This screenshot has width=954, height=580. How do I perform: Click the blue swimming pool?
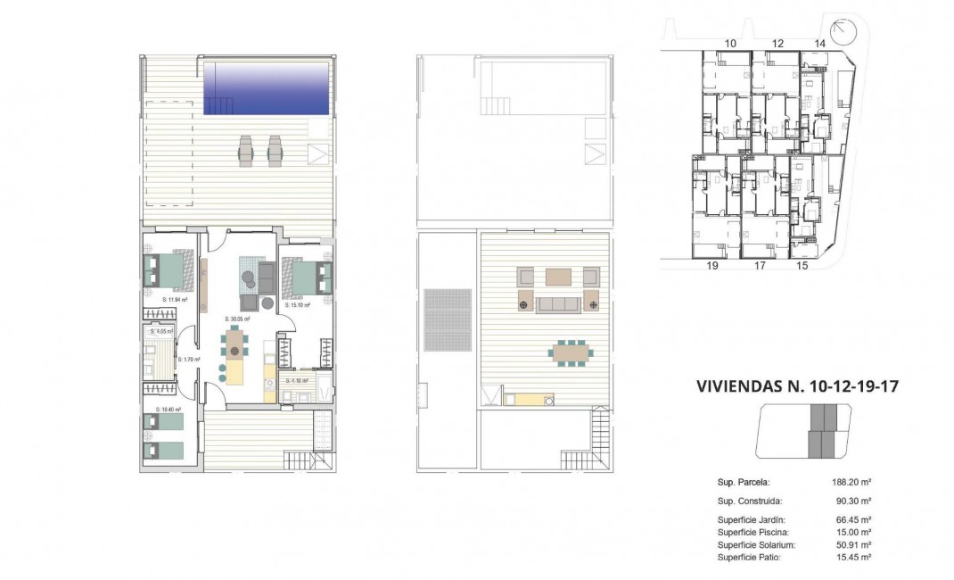[267, 87]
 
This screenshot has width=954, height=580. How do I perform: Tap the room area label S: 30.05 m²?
[238, 319]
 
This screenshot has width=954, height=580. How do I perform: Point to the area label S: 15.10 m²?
[298, 305]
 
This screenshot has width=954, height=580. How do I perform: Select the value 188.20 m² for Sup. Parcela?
[851, 482]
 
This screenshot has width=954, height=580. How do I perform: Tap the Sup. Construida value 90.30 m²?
[851, 501]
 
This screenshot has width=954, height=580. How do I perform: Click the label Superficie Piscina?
[753, 532]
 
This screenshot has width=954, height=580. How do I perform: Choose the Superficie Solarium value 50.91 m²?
[851, 544]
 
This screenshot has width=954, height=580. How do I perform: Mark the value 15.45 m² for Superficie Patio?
[851, 557]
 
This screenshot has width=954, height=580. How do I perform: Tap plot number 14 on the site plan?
[820, 43]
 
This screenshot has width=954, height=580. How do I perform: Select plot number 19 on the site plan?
[712, 265]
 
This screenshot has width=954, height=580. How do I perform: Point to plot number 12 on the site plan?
[777, 43]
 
